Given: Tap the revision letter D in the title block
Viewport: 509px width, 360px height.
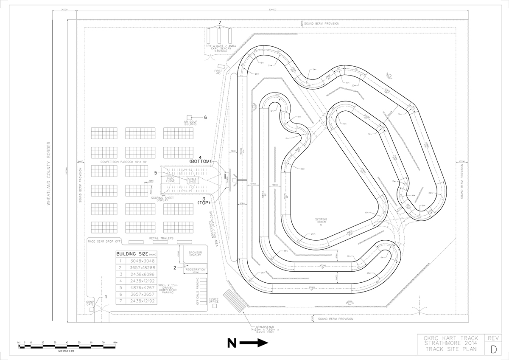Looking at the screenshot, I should click(493, 349).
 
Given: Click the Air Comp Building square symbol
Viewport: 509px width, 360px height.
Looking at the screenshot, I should click(190, 118).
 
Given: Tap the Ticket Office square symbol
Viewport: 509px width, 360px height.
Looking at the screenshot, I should click(214, 306).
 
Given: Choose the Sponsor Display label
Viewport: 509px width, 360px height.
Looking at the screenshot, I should click(195, 253).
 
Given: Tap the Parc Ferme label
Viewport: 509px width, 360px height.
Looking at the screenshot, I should click(171, 180).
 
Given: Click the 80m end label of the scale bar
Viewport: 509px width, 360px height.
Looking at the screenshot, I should click(115, 342).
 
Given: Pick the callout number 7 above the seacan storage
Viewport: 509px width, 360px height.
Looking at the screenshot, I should click(220, 22).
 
